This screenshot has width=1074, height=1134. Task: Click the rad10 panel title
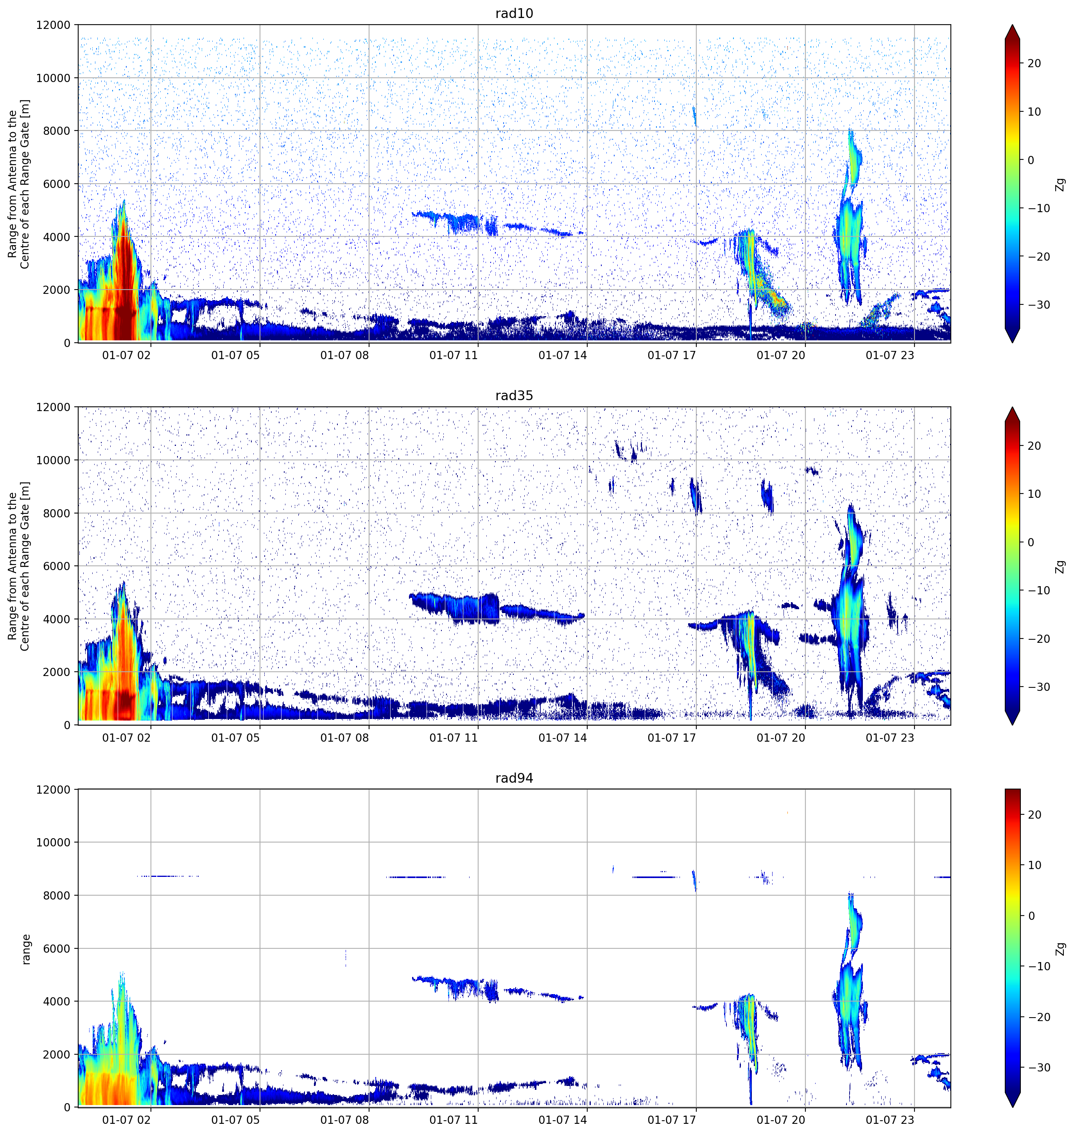(514, 13)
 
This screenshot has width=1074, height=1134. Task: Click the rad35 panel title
(514, 395)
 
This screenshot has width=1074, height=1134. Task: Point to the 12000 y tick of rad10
(53, 25)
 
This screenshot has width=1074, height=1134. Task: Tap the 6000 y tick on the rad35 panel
(57, 567)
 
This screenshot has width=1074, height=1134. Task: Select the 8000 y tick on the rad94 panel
(57, 895)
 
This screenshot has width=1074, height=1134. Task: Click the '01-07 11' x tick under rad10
(454, 355)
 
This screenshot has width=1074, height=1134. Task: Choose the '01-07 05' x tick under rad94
(235, 1120)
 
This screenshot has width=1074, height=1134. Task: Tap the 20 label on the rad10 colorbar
(1034, 64)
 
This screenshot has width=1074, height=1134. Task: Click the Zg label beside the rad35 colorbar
(1060, 567)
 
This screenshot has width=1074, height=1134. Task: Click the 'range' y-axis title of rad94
(26, 949)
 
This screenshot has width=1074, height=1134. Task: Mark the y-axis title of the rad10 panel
(19, 184)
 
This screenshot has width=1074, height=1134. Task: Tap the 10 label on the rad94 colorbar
(1034, 865)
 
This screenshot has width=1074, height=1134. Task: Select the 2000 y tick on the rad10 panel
(57, 290)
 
